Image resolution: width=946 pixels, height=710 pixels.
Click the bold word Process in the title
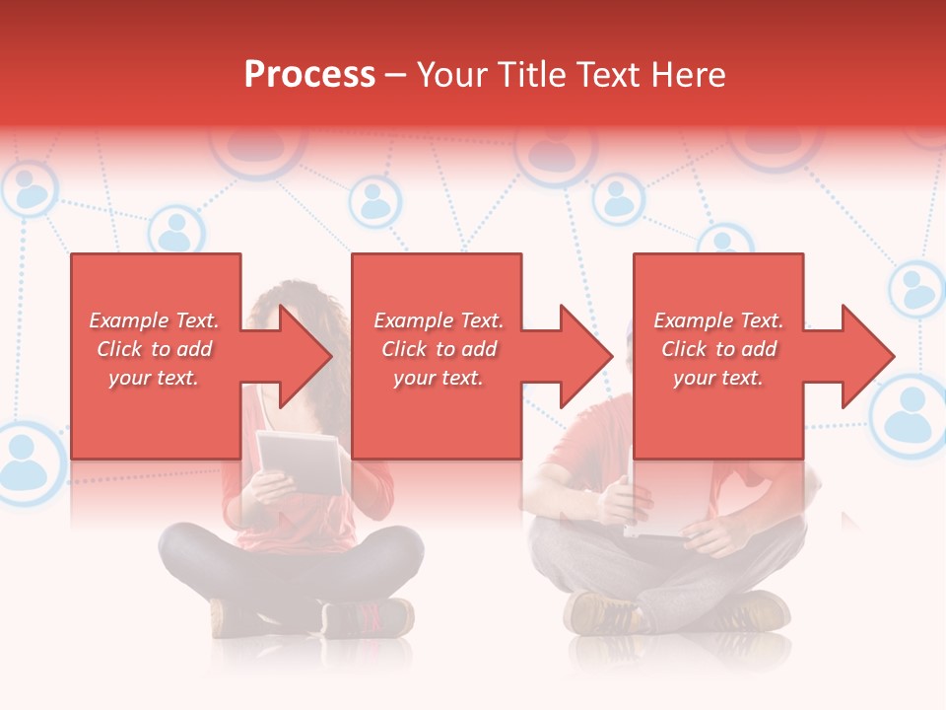pos(309,75)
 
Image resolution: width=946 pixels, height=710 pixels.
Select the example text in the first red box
pos(155,349)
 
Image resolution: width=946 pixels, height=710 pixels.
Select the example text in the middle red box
pos(439,349)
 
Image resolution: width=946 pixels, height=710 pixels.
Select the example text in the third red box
pos(718,349)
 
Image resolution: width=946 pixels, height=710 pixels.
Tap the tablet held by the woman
pos(300,461)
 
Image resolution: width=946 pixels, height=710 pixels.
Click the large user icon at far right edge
pos(909,414)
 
